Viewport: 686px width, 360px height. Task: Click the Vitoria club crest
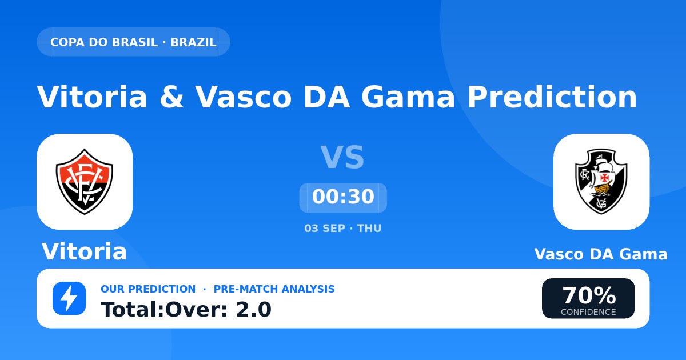pos(85,182)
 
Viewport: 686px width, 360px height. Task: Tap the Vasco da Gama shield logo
pos(601,181)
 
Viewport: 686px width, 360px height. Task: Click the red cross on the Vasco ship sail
pos(605,178)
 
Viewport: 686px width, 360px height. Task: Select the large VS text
pos(342,157)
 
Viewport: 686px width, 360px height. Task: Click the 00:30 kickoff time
pos(343,197)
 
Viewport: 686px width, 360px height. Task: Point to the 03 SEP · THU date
pos(343,229)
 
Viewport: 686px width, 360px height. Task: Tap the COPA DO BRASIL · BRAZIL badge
pos(133,42)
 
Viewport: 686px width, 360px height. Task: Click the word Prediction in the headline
pos(552,97)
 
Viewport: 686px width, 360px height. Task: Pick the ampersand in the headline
pos(171,97)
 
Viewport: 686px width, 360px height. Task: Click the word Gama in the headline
pos(408,97)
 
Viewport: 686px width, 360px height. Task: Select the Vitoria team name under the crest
pos(84,251)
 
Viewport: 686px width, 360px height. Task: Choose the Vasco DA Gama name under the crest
pos(601,254)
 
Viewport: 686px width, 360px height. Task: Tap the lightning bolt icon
pos(69,298)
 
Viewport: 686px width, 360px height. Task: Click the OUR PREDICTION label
pos(148,289)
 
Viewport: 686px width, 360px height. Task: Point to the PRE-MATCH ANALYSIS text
pos(274,289)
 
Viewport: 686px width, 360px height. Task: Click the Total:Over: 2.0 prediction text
pos(186,310)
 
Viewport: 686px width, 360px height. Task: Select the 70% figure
pos(589,295)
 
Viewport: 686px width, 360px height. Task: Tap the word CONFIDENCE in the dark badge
pos(588,312)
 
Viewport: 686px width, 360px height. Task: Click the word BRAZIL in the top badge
pos(194,42)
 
